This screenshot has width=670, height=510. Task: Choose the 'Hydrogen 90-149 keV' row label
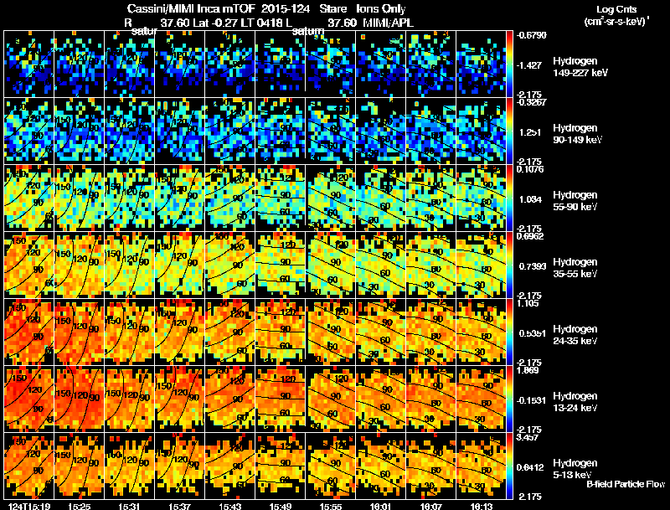click(x=575, y=134)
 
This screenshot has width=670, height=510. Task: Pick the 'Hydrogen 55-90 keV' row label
click(x=575, y=201)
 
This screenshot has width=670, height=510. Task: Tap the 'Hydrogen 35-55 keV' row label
click(x=575, y=268)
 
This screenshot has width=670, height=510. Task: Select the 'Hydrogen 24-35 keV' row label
click(x=575, y=335)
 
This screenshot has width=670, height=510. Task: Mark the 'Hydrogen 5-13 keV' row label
click(x=575, y=468)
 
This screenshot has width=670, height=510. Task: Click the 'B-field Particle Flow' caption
click(x=625, y=484)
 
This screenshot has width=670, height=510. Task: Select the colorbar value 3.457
click(x=531, y=437)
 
